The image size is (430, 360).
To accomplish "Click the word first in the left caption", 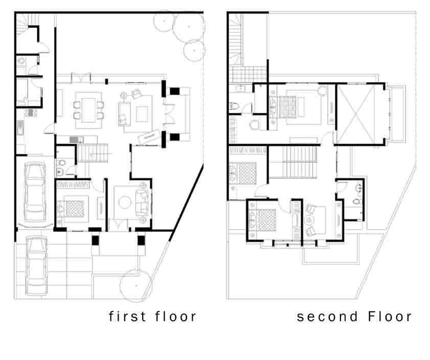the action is click(127, 317).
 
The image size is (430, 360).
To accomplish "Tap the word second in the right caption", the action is click(327, 317).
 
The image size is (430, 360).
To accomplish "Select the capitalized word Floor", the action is click(390, 317).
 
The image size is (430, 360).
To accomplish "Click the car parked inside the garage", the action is click(35, 192).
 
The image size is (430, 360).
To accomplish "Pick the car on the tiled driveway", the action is click(36, 265).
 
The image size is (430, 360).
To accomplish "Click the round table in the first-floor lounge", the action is click(125, 202).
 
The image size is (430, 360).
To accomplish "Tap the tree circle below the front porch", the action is click(137, 285).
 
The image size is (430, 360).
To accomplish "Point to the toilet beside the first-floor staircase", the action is click(61, 163).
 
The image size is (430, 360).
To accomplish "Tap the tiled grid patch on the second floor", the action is click(248, 74).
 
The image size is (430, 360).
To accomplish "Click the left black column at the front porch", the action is click(95, 240).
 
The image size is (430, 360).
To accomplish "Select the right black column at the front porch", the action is click(141, 240).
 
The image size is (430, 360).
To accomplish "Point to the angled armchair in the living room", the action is click(137, 94).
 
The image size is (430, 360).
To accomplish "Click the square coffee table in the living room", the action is click(142, 114).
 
